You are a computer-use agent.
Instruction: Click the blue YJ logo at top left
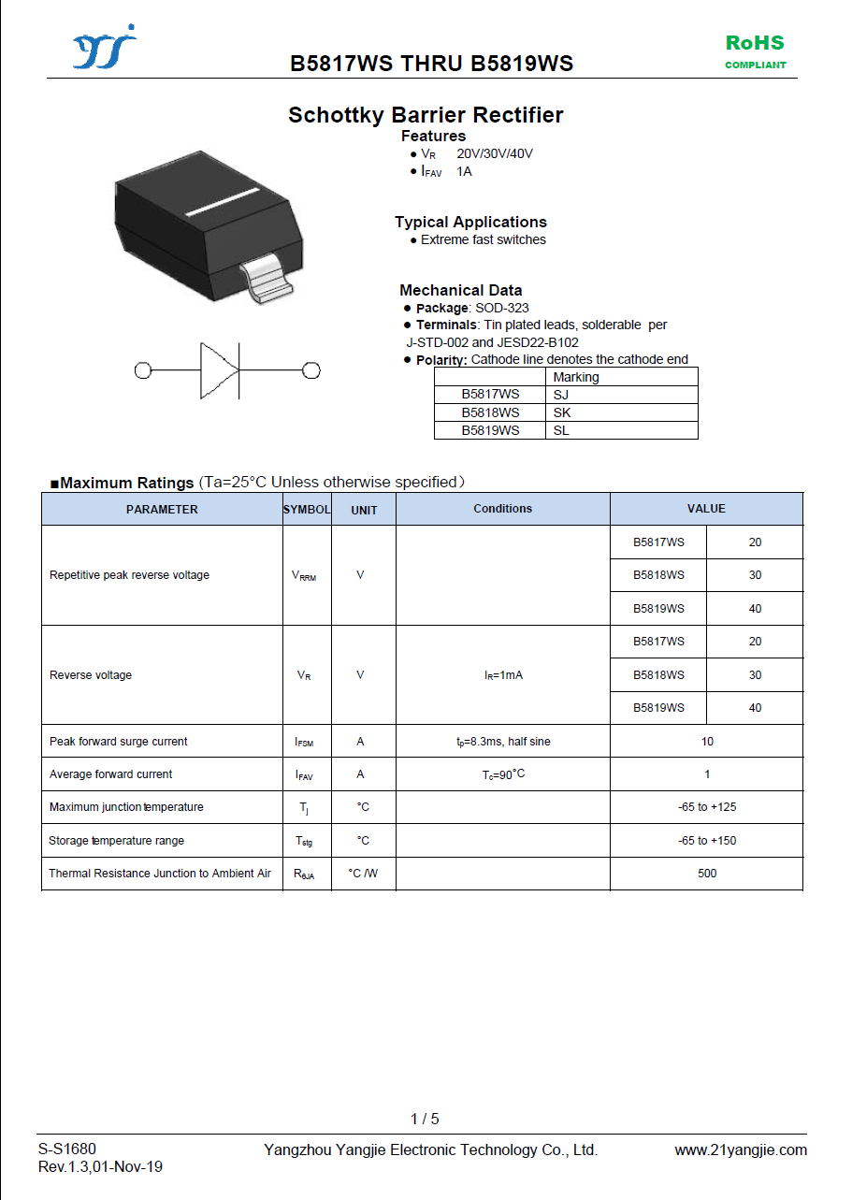[104, 49]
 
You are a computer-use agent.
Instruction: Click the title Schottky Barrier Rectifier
[426, 115]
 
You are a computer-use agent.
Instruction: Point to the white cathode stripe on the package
[223, 202]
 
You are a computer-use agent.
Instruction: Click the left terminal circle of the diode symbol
[143, 370]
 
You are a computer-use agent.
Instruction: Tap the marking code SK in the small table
[562, 412]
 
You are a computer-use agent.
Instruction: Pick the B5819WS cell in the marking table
[490, 430]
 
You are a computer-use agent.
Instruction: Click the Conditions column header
[502, 509]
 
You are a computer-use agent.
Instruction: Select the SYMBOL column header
[307, 510]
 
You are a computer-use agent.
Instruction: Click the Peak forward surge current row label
[119, 742]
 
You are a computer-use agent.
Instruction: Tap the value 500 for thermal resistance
[707, 874]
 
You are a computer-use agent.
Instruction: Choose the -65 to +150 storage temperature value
[707, 841]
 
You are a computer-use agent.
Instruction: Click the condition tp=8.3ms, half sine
[503, 742]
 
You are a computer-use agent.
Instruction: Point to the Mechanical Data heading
[461, 290]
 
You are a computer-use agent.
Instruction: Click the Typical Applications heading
[470, 222]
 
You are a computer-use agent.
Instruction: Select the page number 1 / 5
[425, 1119]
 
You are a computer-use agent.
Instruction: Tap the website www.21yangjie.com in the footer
[741, 1150]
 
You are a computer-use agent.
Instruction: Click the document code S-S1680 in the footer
[67, 1149]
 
